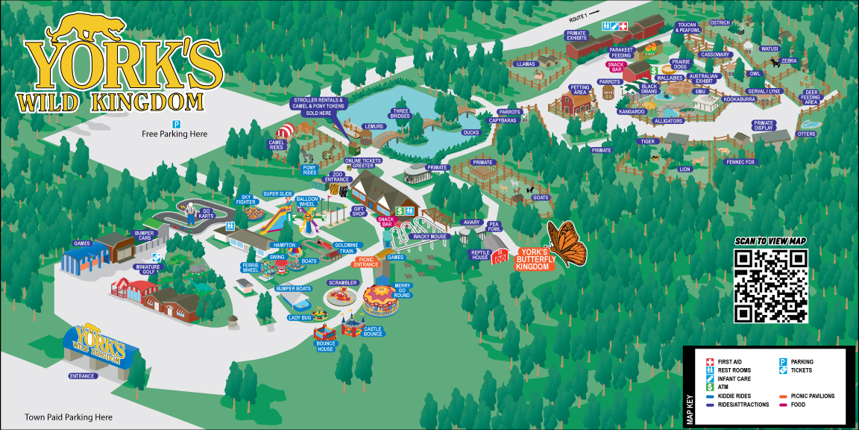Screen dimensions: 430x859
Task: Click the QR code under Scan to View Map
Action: click(771, 286)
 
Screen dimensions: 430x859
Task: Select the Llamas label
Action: click(526, 64)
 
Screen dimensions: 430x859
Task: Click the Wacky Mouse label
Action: click(429, 236)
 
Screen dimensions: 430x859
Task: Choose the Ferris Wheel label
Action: click(251, 268)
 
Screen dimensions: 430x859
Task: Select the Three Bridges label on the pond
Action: click(400, 114)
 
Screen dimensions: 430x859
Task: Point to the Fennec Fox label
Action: click(740, 162)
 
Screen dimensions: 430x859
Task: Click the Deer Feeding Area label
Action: click(811, 98)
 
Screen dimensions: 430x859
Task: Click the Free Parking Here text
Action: click(174, 134)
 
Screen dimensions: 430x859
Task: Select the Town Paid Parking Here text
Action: click(69, 417)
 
